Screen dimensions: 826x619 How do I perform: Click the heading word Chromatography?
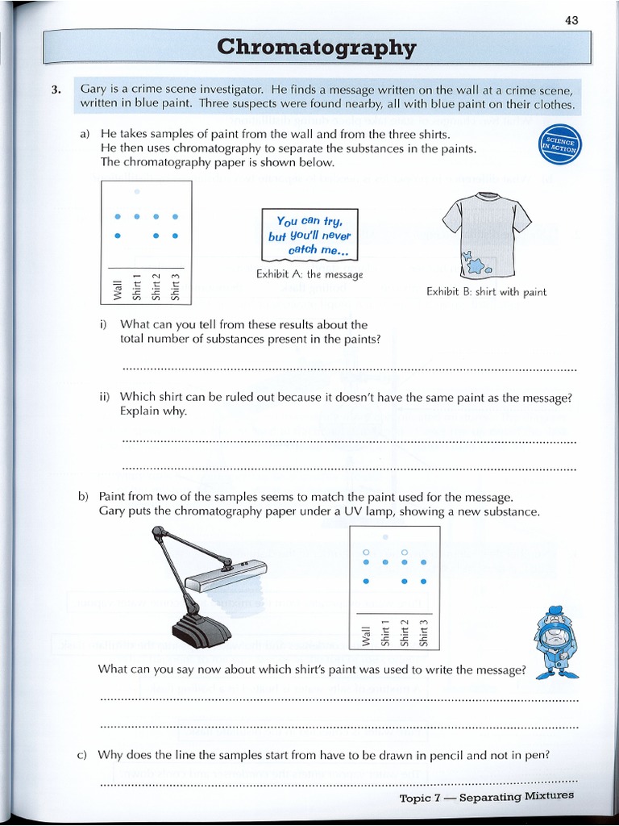coord(317,48)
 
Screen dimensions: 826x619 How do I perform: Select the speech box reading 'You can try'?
coord(309,234)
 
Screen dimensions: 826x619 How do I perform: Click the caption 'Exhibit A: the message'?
coord(309,274)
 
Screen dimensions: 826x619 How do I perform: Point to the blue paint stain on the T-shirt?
coord(476,264)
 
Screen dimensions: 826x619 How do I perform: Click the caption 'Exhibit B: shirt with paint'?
coord(486,292)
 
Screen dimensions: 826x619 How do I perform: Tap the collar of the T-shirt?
coord(486,196)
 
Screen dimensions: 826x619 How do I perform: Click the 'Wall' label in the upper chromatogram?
coord(118,288)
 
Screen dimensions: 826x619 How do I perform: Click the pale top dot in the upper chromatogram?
coord(137,191)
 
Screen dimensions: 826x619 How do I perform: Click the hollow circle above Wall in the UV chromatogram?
coord(366,552)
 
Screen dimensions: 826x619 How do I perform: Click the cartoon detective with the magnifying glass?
coord(555,640)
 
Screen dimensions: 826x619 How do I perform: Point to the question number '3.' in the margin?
coord(56,90)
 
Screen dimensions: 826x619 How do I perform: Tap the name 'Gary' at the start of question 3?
coord(93,90)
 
